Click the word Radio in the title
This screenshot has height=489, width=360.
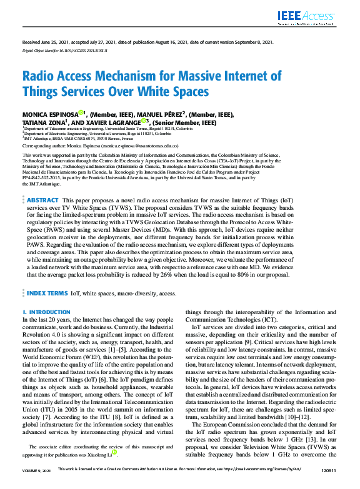(x=39, y=77)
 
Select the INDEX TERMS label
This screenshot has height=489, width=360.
(x=47, y=293)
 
